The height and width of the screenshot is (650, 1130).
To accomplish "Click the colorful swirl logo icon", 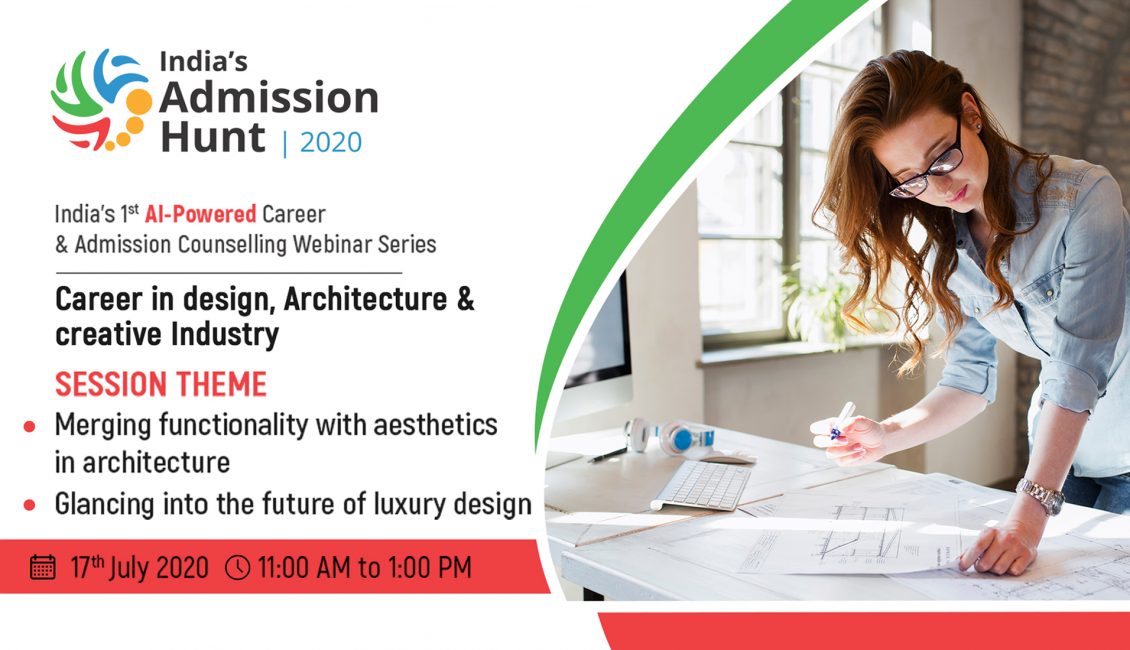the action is coord(101,99).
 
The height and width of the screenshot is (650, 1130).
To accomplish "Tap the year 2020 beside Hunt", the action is coord(331,142).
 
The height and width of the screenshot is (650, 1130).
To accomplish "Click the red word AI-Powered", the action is coord(200,214).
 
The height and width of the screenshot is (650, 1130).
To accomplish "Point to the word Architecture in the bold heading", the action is coord(365,299).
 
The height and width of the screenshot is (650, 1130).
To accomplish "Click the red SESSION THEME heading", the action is coord(161,384).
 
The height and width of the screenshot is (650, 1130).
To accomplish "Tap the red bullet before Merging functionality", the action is coord(30,427).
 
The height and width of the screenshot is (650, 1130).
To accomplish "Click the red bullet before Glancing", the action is coord(30,505).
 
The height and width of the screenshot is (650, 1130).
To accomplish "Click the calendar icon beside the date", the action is coord(43,567).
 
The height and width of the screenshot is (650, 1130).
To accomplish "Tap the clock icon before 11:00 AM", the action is coord(238,567).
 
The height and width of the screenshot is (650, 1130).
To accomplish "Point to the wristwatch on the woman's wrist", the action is coord(1040,496).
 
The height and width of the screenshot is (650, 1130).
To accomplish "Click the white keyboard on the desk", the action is coord(701,485).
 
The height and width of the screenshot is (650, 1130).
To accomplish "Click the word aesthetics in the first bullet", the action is coord(435,425).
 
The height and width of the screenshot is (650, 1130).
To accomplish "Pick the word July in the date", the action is coord(129,567).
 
